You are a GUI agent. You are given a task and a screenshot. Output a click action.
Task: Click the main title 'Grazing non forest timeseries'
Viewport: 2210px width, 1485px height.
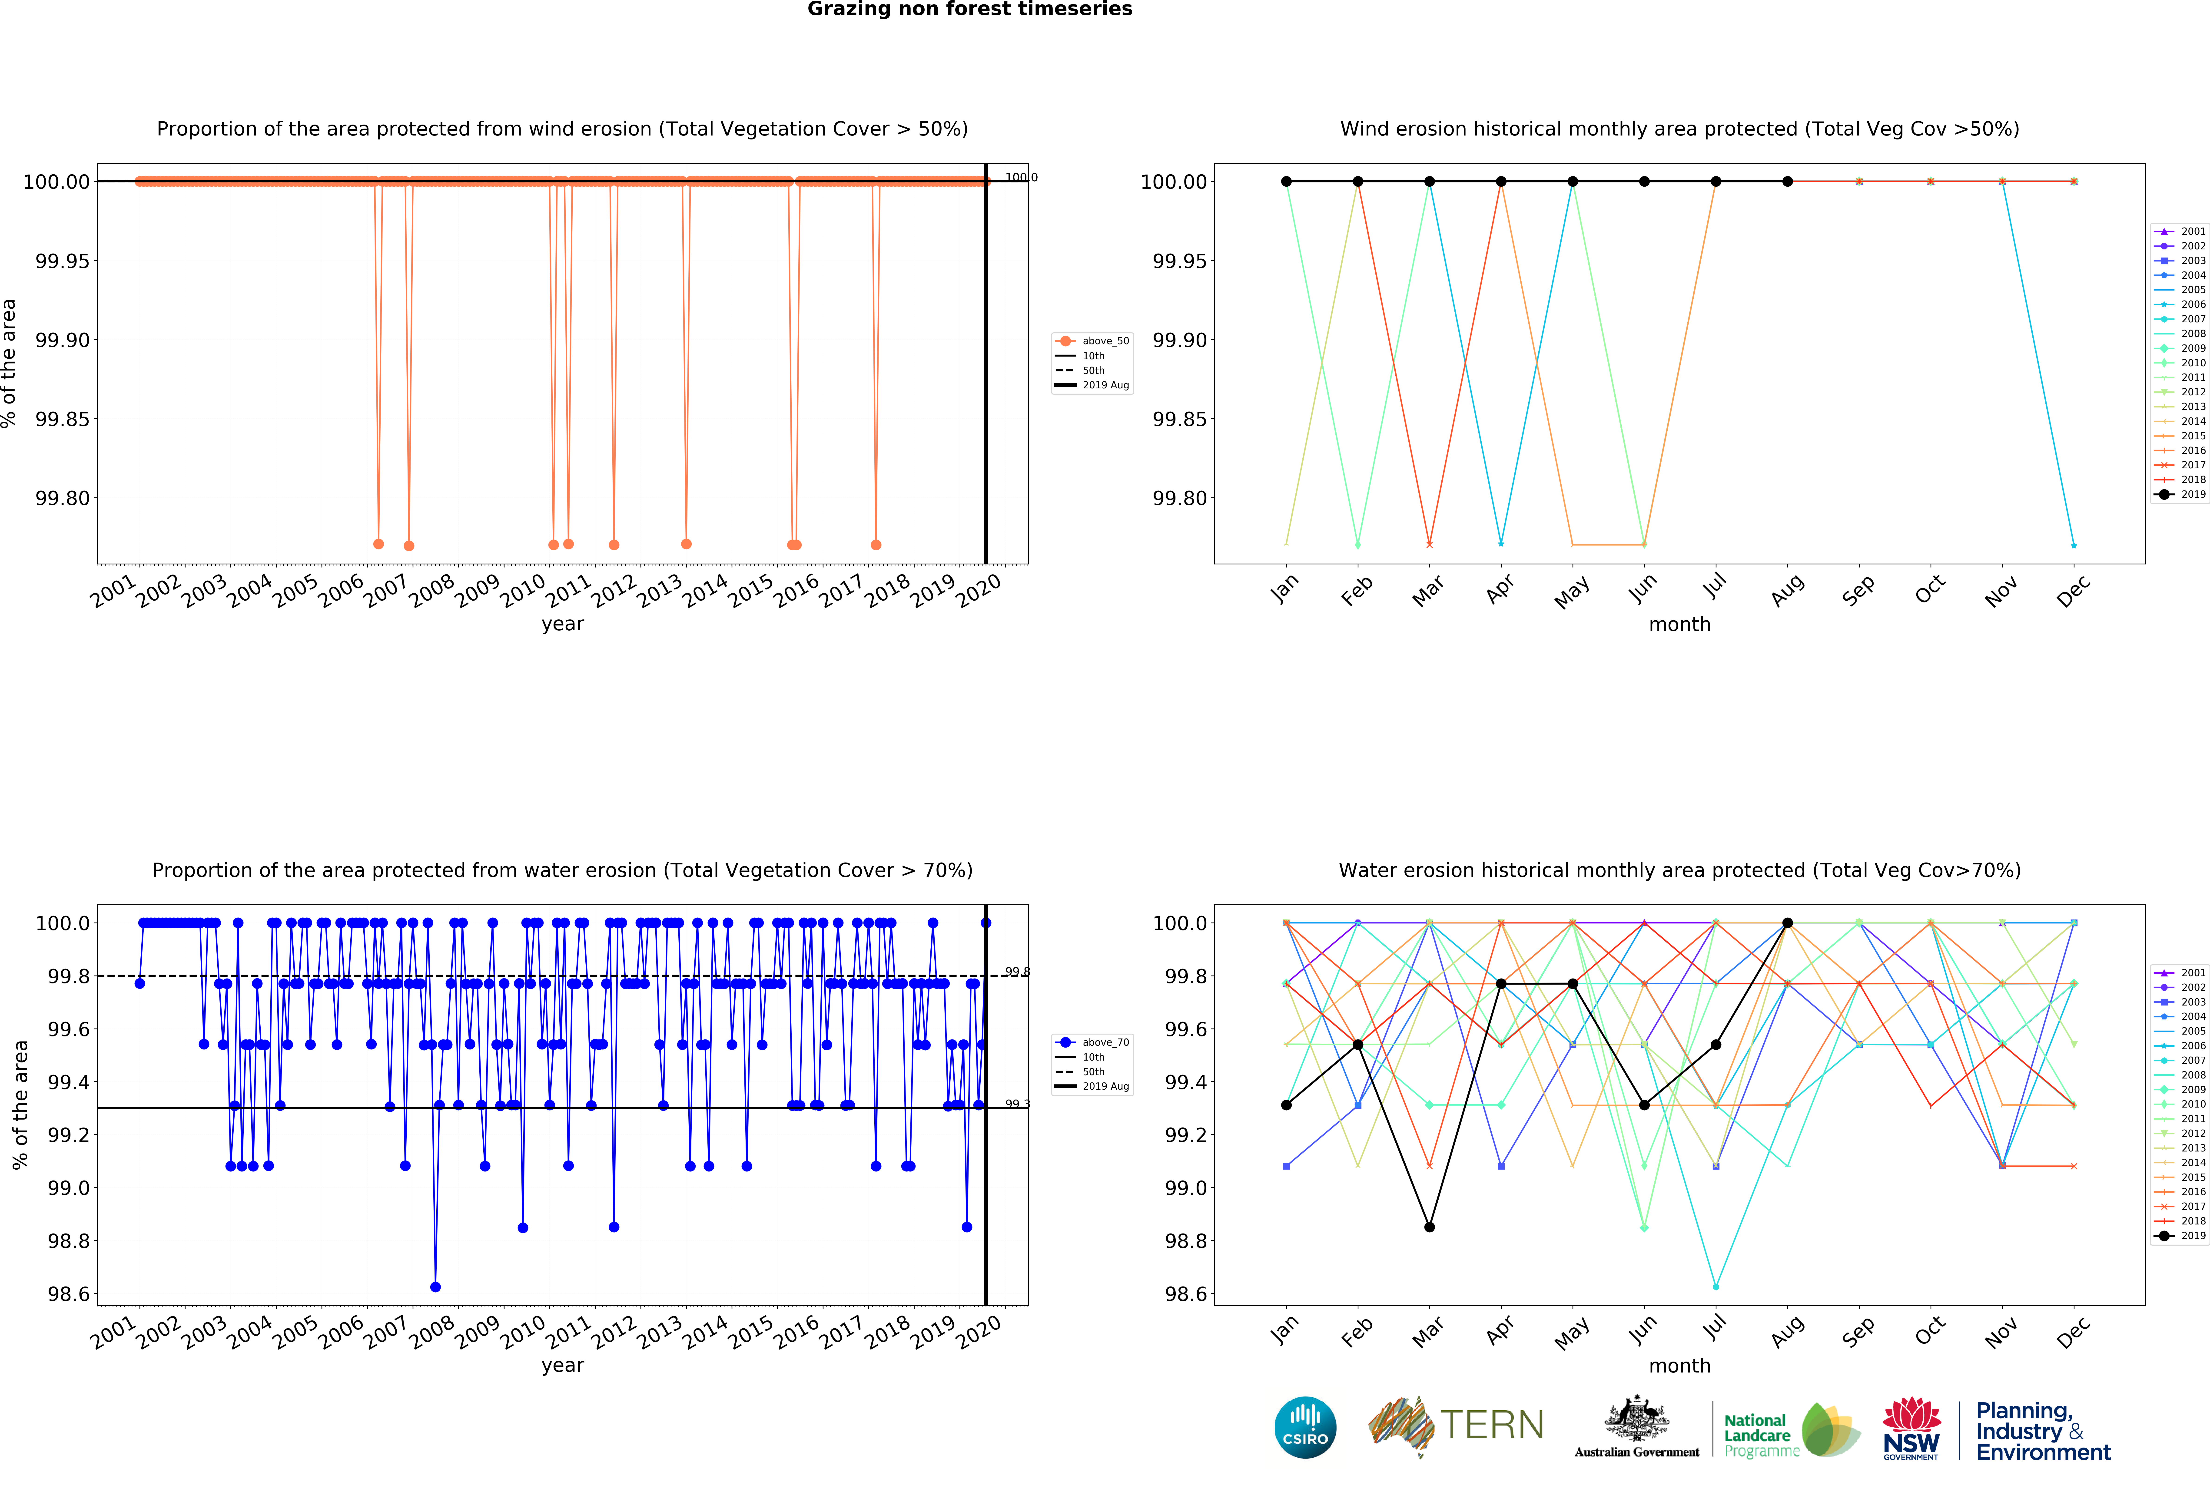point(969,10)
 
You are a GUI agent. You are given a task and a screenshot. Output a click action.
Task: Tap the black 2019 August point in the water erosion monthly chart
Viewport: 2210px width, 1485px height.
point(1788,923)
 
